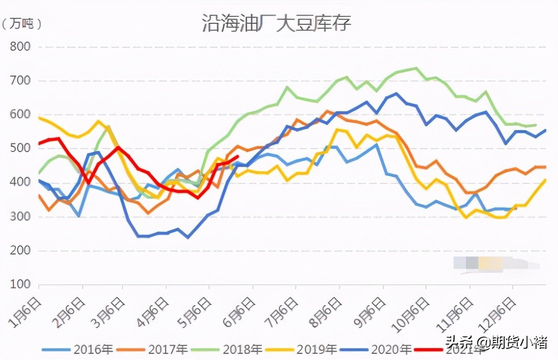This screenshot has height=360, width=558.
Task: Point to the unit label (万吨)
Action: tap(22, 23)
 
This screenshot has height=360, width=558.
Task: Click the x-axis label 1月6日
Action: tap(25, 310)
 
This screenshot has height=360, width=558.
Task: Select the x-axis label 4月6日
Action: tap(154, 310)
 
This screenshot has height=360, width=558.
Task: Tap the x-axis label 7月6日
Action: tap(282, 310)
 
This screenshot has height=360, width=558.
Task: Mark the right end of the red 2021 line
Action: tap(238, 157)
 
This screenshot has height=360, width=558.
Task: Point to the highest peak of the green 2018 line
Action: tap(416, 68)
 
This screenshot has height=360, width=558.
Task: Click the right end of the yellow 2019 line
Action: tap(545, 179)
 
